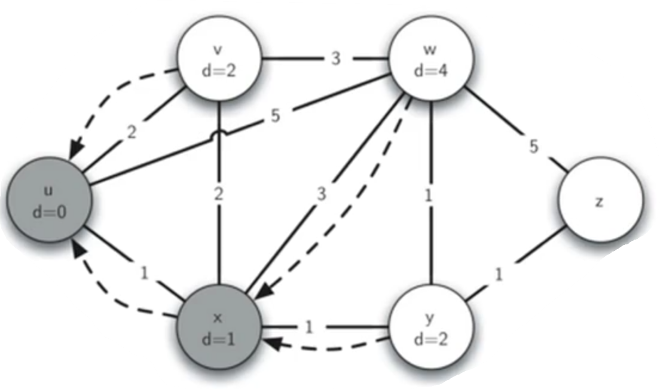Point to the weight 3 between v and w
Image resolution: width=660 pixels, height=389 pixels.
(336, 60)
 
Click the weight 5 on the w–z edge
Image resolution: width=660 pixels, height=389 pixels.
(533, 146)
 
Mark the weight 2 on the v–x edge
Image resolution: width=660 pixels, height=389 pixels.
(219, 194)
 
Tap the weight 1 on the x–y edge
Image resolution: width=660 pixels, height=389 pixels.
(308, 327)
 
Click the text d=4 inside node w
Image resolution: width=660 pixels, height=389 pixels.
(432, 71)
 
